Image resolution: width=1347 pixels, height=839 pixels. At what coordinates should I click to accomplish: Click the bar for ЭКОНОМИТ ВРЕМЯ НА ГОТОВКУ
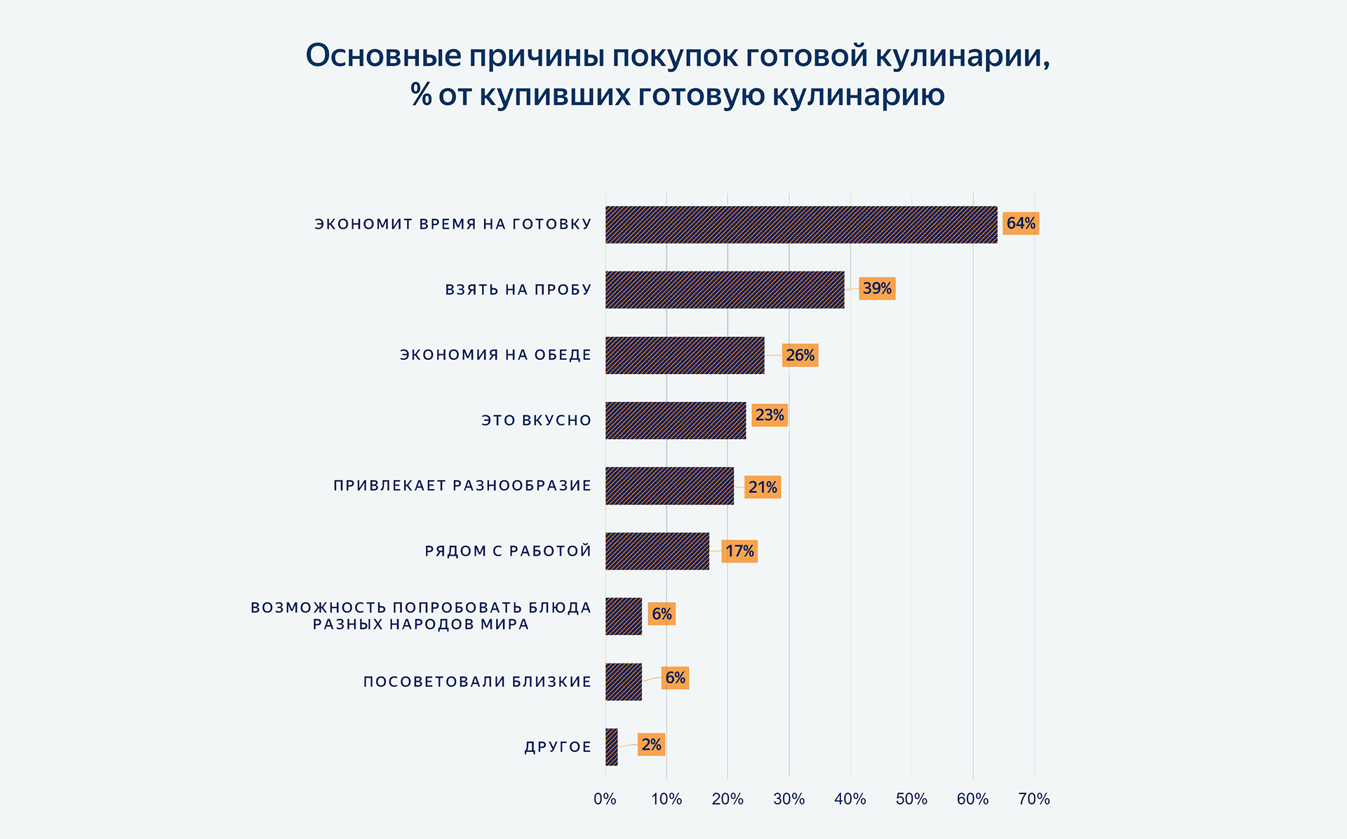point(800,224)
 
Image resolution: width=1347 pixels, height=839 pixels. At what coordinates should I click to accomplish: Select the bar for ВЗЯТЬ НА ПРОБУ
point(725,290)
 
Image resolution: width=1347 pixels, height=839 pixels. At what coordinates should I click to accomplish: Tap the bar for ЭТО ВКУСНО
point(676,420)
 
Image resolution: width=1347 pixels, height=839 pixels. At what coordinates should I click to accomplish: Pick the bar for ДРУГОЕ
point(612,746)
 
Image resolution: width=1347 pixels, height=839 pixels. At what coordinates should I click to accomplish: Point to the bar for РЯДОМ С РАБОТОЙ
point(657,551)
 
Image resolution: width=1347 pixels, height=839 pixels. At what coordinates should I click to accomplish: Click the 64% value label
point(1021,223)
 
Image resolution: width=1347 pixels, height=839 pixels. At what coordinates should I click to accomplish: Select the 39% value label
point(877,288)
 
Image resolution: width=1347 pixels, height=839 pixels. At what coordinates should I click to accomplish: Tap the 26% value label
point(800,355)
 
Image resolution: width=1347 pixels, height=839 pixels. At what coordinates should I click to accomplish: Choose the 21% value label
point(763,487)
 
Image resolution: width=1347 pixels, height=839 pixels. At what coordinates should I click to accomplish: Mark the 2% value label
point(651,744)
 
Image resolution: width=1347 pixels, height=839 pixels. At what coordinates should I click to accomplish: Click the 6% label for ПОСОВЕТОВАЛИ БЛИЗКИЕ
point(675,678)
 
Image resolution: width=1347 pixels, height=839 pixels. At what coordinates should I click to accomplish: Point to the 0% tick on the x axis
point(605,798)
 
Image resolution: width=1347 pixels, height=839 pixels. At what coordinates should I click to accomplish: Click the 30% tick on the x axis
point(789,798)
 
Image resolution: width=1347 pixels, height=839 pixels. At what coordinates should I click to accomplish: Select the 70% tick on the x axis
point(1034,798)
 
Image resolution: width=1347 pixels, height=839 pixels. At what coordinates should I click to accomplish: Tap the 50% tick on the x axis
point(911,798)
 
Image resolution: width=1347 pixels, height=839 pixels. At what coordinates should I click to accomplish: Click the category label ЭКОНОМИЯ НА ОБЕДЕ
point(495,355)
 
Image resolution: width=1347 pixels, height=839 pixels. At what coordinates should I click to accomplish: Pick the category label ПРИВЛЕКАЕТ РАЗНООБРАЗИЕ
point(462,485)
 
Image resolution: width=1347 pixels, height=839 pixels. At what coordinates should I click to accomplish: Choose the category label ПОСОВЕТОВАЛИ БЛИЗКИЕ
point(477,681)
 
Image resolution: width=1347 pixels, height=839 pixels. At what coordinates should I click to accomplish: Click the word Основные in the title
point(383,56)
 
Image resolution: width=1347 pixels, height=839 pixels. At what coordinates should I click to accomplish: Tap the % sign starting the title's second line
point(421,94)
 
